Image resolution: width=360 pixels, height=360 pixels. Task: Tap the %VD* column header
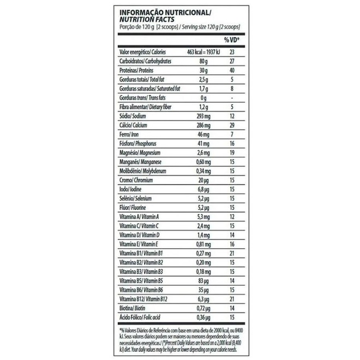tap(232, 40)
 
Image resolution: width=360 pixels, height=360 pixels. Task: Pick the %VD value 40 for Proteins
tap(232, 70)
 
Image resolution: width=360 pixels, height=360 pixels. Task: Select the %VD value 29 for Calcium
tap(232, 125)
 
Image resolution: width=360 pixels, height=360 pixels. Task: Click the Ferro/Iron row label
tap(131, 135)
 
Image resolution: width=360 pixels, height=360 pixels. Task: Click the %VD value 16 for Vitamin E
tap(232, 244)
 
